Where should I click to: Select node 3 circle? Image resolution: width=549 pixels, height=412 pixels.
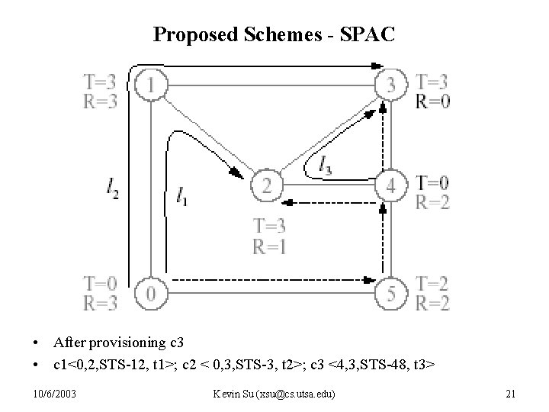pos(391,84)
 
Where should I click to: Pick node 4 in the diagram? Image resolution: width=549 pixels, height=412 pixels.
pos(391,185)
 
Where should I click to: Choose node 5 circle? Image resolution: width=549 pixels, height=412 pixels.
pos(391,292)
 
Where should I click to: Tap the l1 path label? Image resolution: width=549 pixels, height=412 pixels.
pos(181,197)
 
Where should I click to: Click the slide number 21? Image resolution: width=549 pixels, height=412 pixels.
pos(511,393)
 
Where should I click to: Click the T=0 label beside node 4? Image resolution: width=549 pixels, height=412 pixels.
pos(432,183)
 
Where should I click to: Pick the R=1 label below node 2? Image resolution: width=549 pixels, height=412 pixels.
pos(270,245)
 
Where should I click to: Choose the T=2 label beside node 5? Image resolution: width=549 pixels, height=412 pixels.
pos(432,283)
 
